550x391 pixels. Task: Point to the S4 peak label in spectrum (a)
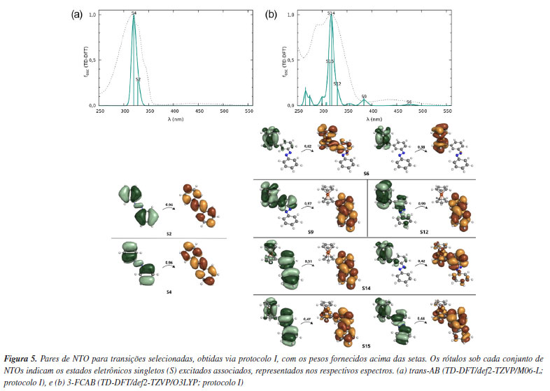pyautogui.click(x=134, y=13)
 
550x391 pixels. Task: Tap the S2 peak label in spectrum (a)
pyautogui.click(x=138, y=80)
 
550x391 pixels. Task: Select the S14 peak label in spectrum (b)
pyautogui.click(x=331, y=13)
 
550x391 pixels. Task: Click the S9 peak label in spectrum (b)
pyautogui.click(x=363, y=97)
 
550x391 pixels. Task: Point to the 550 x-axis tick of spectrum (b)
pyautogui.click(x=447, y=111)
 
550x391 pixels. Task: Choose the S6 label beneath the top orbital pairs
pyautogui.click(x=366, y=172)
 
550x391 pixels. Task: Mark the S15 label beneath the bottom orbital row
pyautogui.click(x=366, y=345)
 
